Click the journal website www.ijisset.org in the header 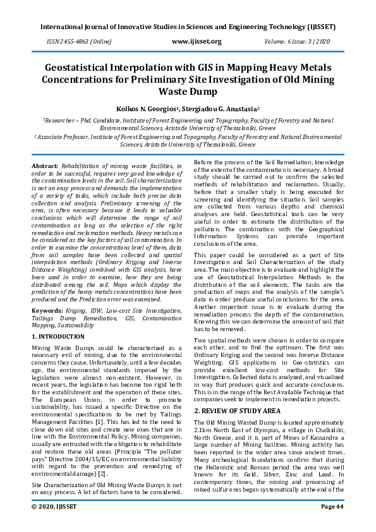pyautogui.click(x=197, y=42)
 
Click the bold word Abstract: pyautogui.click(x=45, y=165)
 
